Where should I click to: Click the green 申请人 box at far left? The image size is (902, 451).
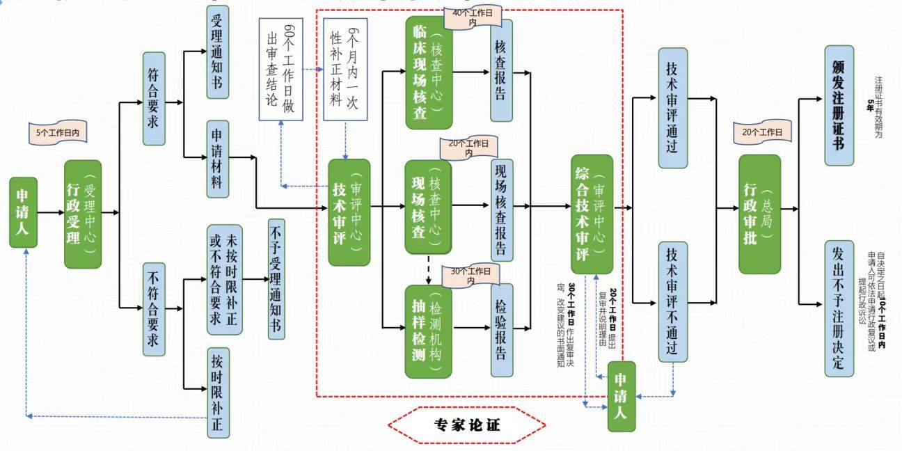(x=24, y=212)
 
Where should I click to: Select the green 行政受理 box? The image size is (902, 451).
(x=83, y=214)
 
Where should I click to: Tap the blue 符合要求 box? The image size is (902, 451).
(x=154, y=98)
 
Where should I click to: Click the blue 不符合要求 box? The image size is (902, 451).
(x=154, y=309)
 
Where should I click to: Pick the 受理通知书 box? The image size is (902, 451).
(x=217, y=52)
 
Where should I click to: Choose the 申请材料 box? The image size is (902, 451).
(x=217, y=159)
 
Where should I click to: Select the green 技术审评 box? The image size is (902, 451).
(x=349, y=212)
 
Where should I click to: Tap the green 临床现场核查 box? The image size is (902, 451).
(x=429, y=73)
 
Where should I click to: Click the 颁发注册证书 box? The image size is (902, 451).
(x=839, y=106)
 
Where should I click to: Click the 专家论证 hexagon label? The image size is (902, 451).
(x=466, y=424)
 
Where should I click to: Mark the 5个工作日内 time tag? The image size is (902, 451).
(x=57, y=132)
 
